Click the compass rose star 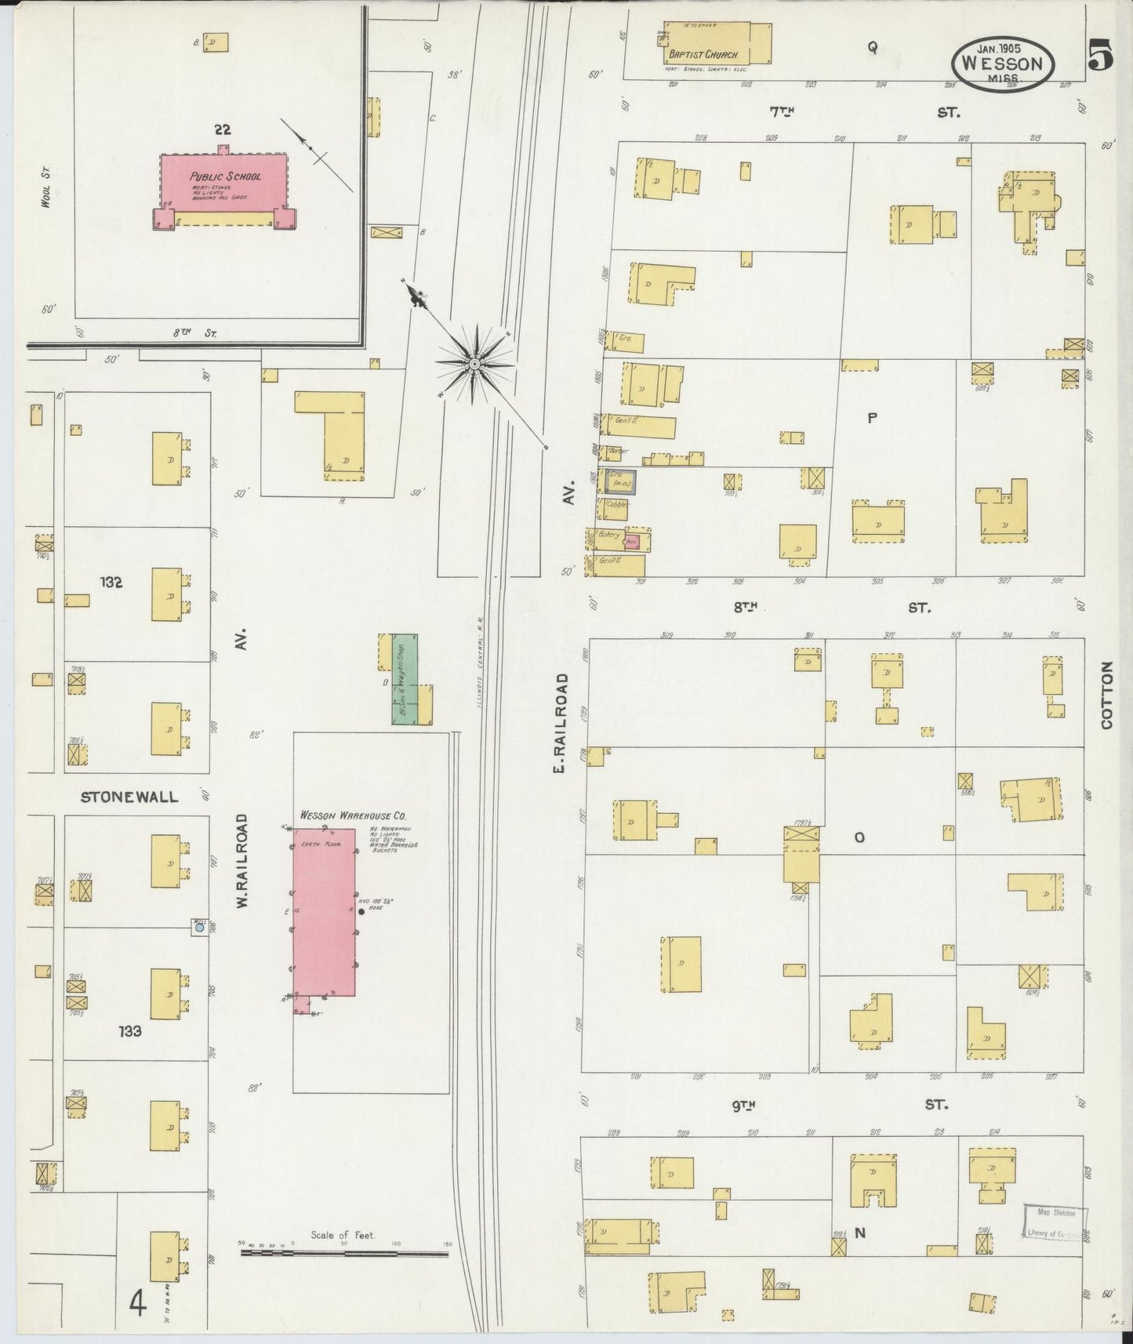point(475,365)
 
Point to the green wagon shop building point(405,679)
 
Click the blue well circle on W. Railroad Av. point(199,927)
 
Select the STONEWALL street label point(129,797)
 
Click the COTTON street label point(1106,695)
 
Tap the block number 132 point(111,583)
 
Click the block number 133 point(130,1031)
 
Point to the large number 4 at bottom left point(138,1305)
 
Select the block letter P point(871,418)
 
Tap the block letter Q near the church point(871,47)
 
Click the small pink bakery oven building point(632,542)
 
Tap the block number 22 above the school point(223,130)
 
